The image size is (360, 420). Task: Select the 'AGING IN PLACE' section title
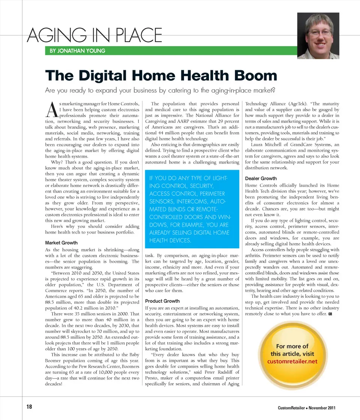click(x=95, y=36)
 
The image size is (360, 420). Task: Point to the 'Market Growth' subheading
click(x=61, y=243)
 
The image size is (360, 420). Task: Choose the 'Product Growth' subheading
click(x=162, y=301)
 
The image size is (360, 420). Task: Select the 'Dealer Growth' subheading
click(x=261, y=178)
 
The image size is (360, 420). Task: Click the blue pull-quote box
click(x=192, y=210)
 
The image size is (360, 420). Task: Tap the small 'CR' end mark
click(x=330, y=313)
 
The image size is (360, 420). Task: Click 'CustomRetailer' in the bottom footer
click(x=292, y=408)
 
